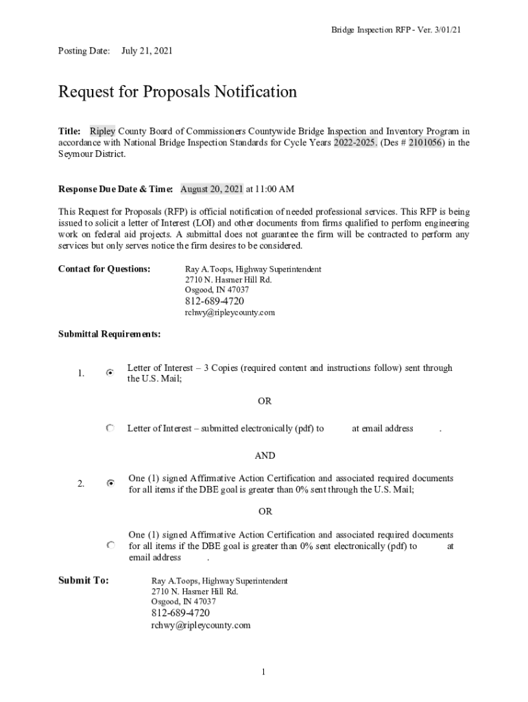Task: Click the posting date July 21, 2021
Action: tap(147, 51)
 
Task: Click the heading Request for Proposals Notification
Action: tap(178, 92)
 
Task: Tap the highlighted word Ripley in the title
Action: tap(103, 131)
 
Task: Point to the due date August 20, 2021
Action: tap(212, 189)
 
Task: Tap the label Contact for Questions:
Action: tap(104, 269)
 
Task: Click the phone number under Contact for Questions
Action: tap(215, 301)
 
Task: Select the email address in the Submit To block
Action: tap(201, 625)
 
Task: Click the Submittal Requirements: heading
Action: tap(110, 334)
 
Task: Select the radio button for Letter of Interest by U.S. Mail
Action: tap(110, 372)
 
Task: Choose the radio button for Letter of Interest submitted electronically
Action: tap(110, 428)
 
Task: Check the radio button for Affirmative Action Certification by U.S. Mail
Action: tap(110, 483)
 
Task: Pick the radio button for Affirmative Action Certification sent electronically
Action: tap(110, 546)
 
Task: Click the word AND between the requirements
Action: tap(265, 456)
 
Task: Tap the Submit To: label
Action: tap(84, 581)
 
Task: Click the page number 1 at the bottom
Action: tap(263, 672)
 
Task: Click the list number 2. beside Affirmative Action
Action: tap(81, 484)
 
